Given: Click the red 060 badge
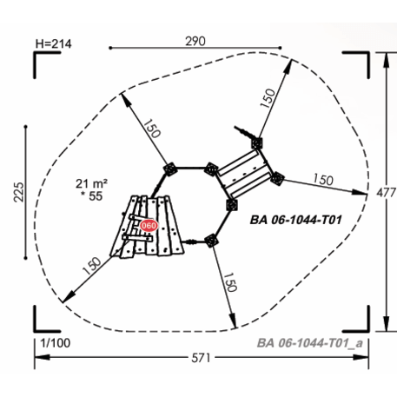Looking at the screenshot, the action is (149, 225).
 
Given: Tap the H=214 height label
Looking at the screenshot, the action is (53, 44).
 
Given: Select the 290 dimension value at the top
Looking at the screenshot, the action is (195, 41).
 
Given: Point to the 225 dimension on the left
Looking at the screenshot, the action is (19, 192).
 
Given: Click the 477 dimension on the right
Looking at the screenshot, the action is (387, 193).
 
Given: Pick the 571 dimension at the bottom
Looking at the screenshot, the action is (201, 358).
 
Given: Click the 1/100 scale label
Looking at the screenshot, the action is (56, 343).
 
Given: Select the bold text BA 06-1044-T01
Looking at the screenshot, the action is (295, 220).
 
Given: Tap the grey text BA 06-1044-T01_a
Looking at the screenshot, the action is (310, 343).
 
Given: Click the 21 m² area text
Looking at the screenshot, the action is (91, 183).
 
